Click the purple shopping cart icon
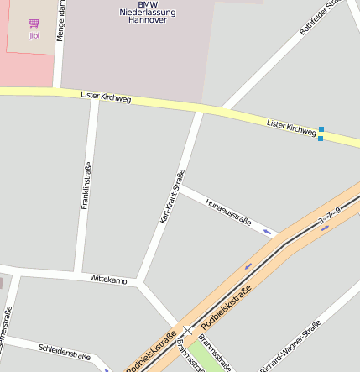click(x=34, y=23)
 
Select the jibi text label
click(x=34, y=36)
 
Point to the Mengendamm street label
click(x=60, y=22)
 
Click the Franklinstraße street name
click(x=85, y=186)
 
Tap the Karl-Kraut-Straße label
click(x=172, y=196)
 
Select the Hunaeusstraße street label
click(x=228, y=209)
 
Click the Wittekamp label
click(x=108, y=278)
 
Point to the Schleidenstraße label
click(x=64, y=349)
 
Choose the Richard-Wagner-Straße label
click(x=290, y=348)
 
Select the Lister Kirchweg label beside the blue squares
click(x=291, y=126)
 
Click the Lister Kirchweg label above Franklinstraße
click(x=106, y=97)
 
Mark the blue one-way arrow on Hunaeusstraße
click(x=268, y=231)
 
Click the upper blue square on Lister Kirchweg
click(x=321, y=129)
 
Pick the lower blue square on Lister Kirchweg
click(x=321, y=138)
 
